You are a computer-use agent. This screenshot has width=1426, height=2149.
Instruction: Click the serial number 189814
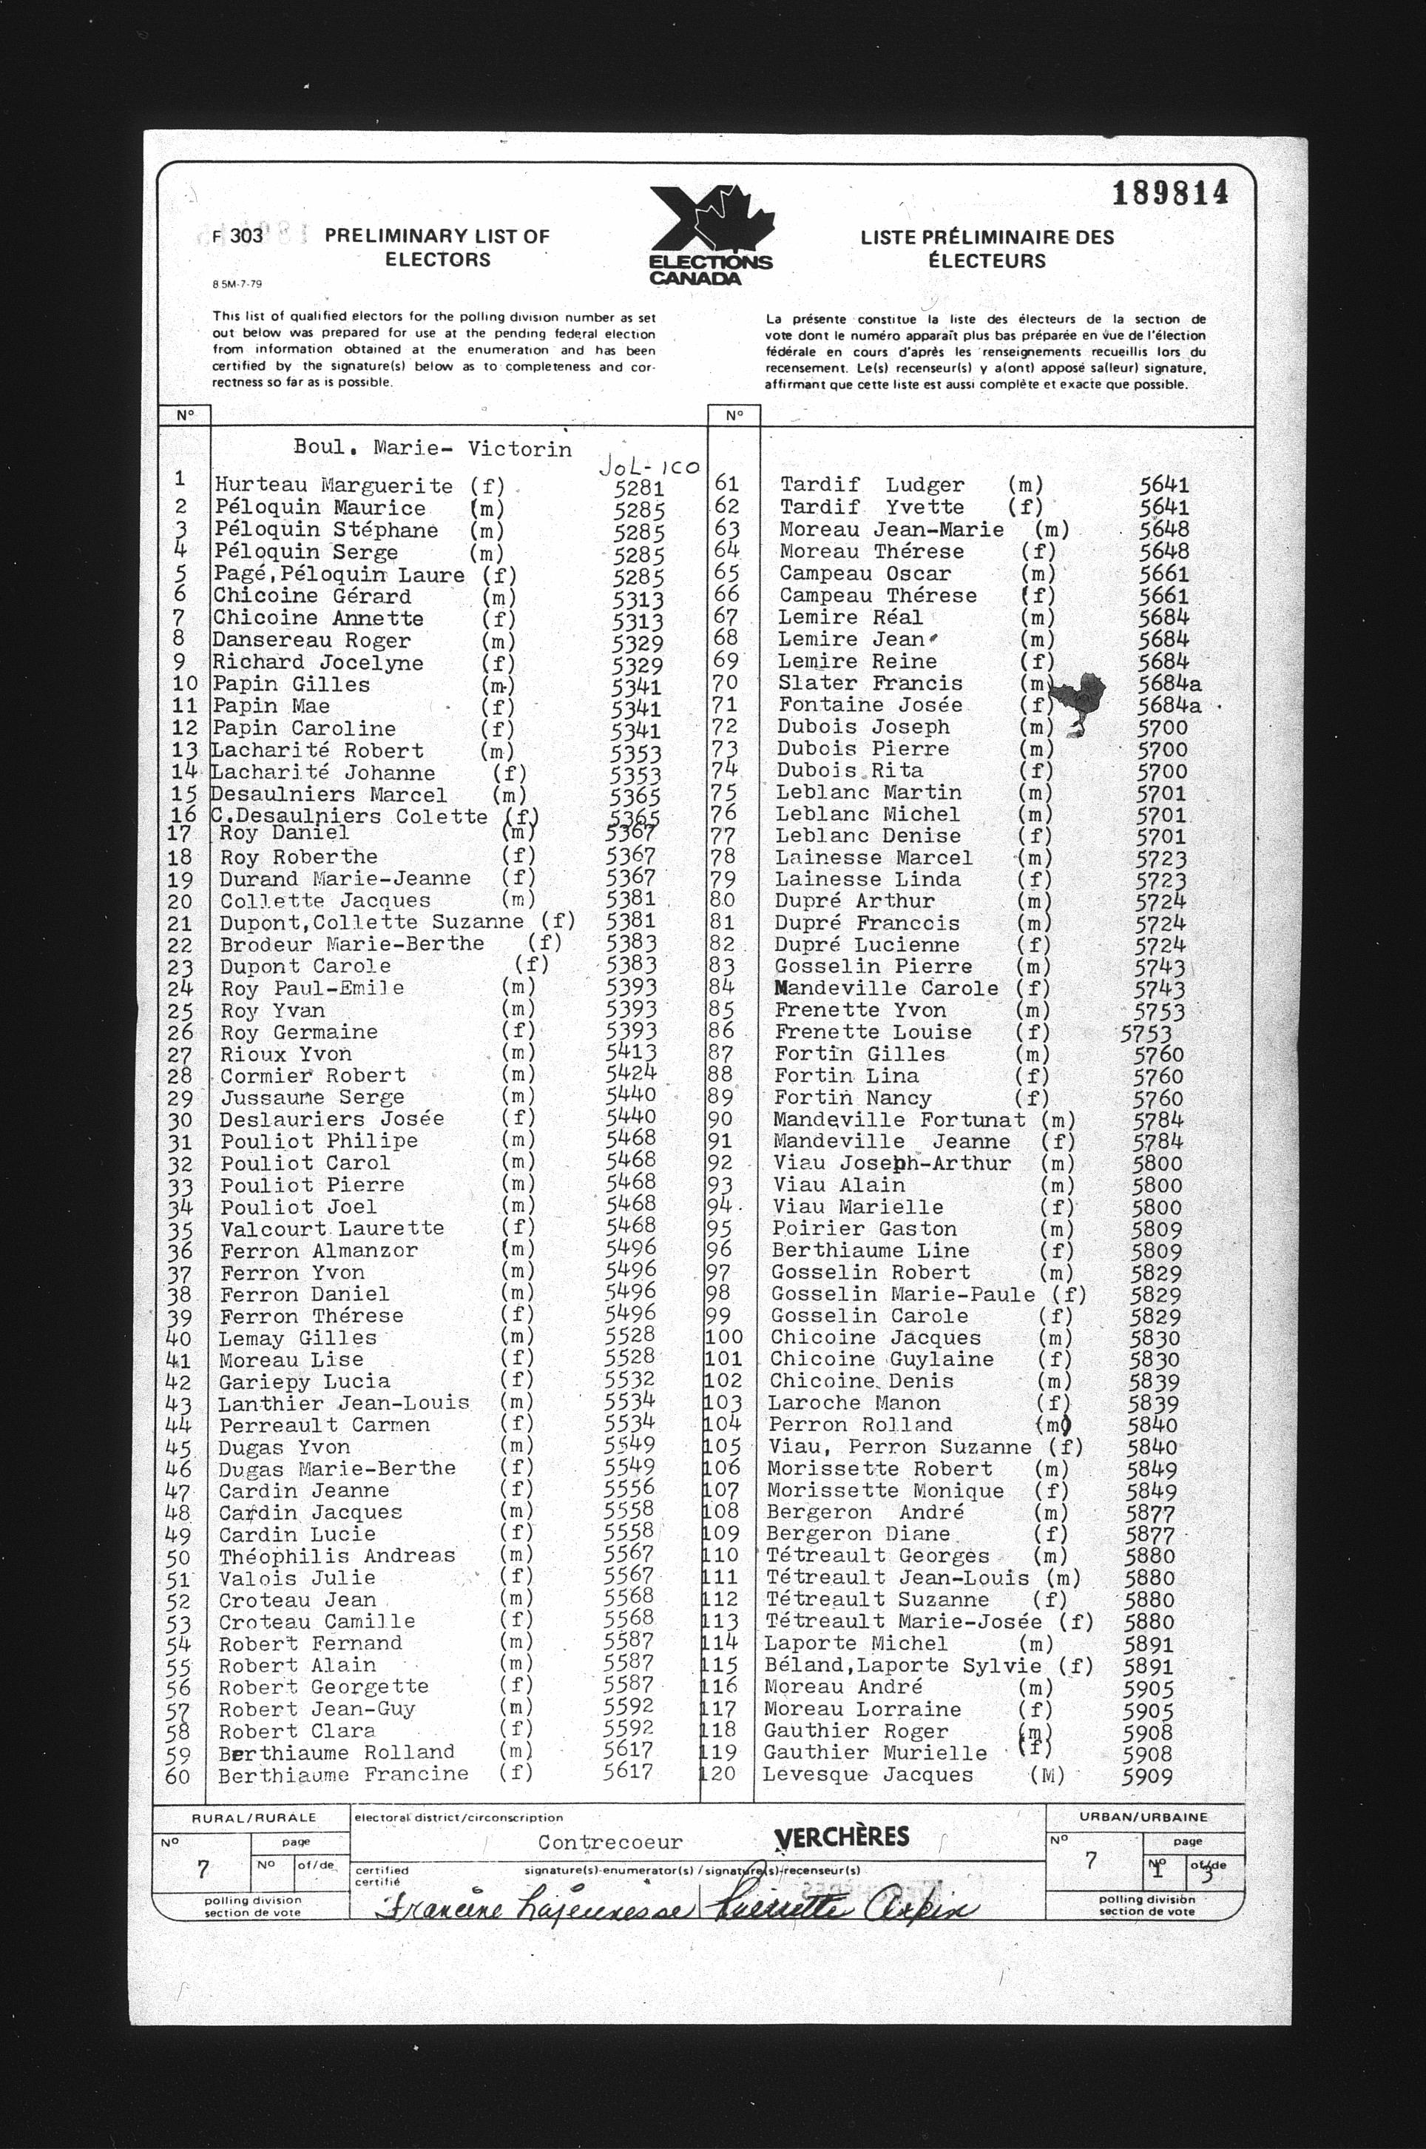click(x=1169, y=193)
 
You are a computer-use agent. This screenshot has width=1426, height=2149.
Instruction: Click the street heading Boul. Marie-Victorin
click(x=432, y=448)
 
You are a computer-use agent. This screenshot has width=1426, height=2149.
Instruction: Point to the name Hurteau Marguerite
click(x=333, y=486)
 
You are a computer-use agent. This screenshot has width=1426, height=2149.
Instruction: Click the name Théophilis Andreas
click(x=337, y=1556)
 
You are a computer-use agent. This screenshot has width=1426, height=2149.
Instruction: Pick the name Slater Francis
click(x=871, y=683)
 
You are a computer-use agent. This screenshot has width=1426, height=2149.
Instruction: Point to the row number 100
click(x=724, y=1337)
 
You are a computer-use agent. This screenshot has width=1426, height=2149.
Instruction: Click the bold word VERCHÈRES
click(x=841, y=1836)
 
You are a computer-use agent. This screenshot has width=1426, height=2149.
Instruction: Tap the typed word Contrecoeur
click(x=609, y=1843)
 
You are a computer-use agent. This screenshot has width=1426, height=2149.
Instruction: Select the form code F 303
click(x=237, y=235)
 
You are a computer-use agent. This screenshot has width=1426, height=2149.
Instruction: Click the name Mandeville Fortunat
click(x=899, y=1120)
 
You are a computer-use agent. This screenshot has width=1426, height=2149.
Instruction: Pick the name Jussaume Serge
click(x=312, y=1097)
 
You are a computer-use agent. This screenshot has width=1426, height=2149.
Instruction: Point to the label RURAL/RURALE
click(x=254, y=1817)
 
